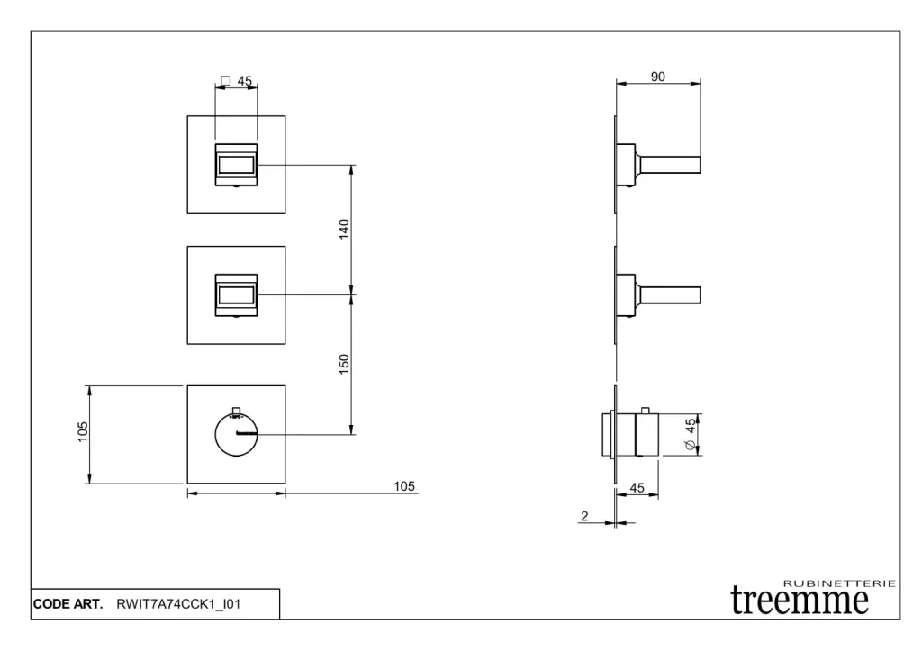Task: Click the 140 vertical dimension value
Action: click(344, 229)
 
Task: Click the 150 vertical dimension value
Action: click(344, 364)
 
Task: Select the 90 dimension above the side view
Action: click(658, 77)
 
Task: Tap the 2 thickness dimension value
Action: click(584, 516)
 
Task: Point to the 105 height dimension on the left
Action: click(83, 431)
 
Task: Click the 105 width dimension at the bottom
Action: click(404, 486)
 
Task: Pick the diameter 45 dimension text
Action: click(691, 434)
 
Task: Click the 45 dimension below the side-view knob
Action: click(637, 487)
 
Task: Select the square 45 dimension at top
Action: click(237, 80)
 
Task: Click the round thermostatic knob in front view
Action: click(236, 435)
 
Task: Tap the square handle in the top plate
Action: click(236, 165)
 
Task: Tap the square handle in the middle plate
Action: click(236, 295)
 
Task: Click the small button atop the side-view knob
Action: click(646, 410)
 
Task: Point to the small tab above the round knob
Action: click(237, 410)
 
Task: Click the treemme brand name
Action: click(800, 601)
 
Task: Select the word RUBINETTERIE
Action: click(840, 583)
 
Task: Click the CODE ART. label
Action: click(68, 604)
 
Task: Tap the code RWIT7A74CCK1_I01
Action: click(179, 604)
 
